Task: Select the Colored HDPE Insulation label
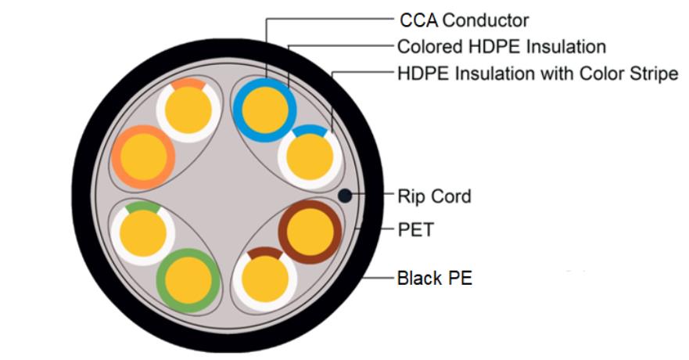coord(501,47)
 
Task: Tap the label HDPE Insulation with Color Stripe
coord(537,74)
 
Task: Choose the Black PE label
coord(434,278)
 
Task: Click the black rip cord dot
coord(344,196)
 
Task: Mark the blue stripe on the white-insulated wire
coord(310,131)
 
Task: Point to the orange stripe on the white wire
coord(188,83)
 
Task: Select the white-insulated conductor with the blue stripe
coord(310,157)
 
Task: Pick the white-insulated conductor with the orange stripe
coord(188,109)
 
